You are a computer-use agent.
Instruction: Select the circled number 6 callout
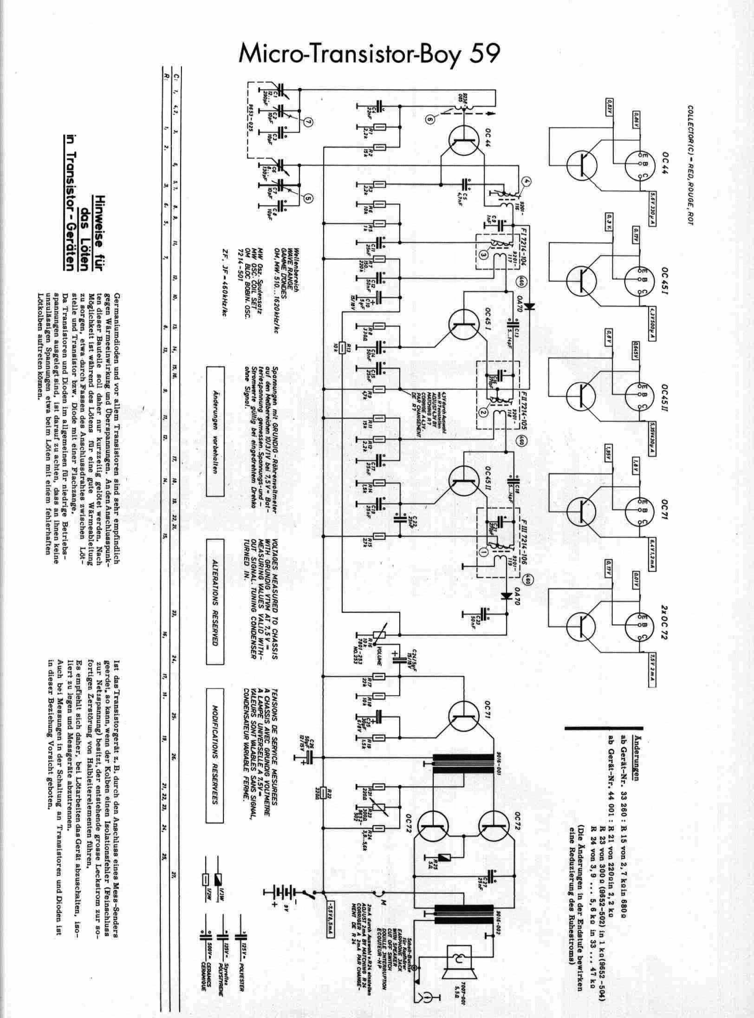430,119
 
